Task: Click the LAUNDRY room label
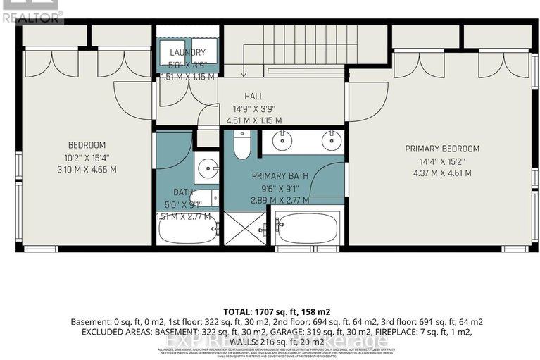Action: (x=187, y=52)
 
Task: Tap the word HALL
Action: (x=253, y=96)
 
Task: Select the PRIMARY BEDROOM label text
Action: (x=442, y=149)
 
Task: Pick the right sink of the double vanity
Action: (x=329, y=140)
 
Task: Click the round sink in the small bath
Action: (x=206, y=168)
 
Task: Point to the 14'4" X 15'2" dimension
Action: (x=442, y=161)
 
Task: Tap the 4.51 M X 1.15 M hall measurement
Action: (x=253, y=120)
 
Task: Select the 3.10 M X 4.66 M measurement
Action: (x=88, y=169)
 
